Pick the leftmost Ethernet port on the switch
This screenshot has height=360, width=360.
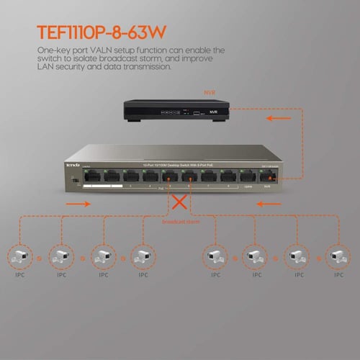[91, 176]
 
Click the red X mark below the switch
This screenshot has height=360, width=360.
[176, 204]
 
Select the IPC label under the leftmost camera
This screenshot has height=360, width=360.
[17, 274]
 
